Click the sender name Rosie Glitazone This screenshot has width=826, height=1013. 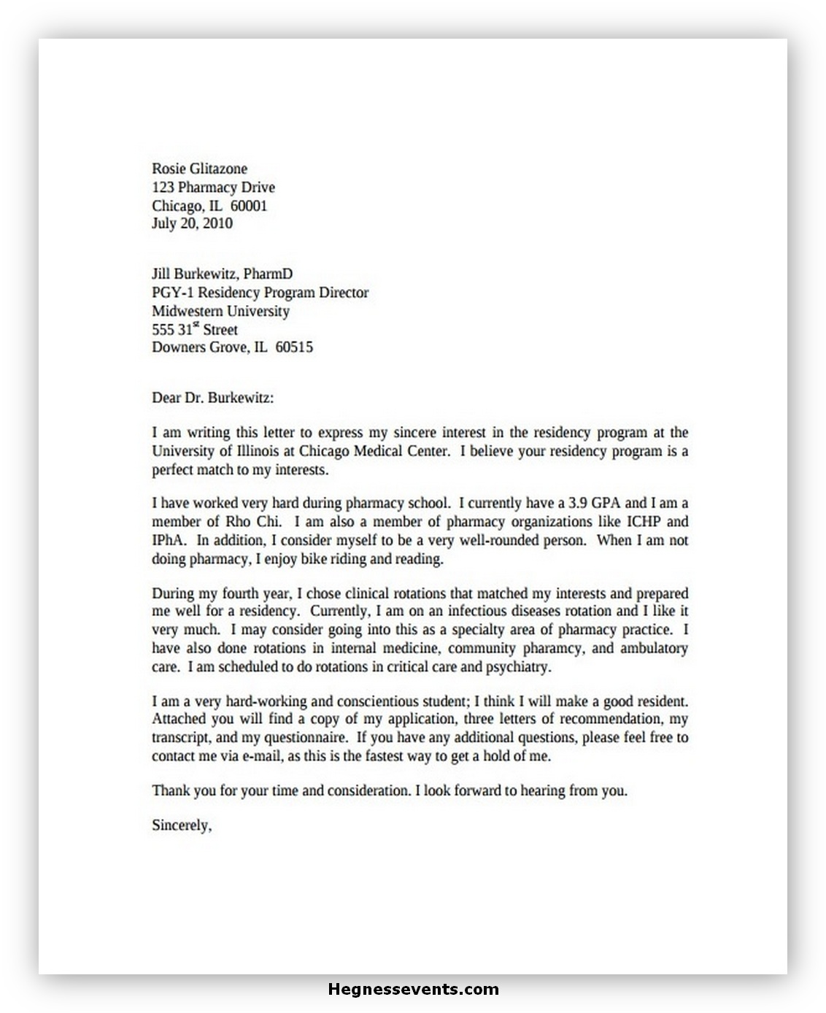click(199, 169)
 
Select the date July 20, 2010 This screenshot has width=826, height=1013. click(192, 223)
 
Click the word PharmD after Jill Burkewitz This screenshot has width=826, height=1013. click(268, 274)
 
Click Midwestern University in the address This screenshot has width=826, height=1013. click(220, 311)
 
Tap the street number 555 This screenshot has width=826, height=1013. click(163, 330)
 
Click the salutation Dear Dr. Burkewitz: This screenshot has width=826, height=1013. click(213, 398)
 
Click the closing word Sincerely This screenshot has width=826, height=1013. click(181, 825)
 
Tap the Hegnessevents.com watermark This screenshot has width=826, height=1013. click(413, 990)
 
